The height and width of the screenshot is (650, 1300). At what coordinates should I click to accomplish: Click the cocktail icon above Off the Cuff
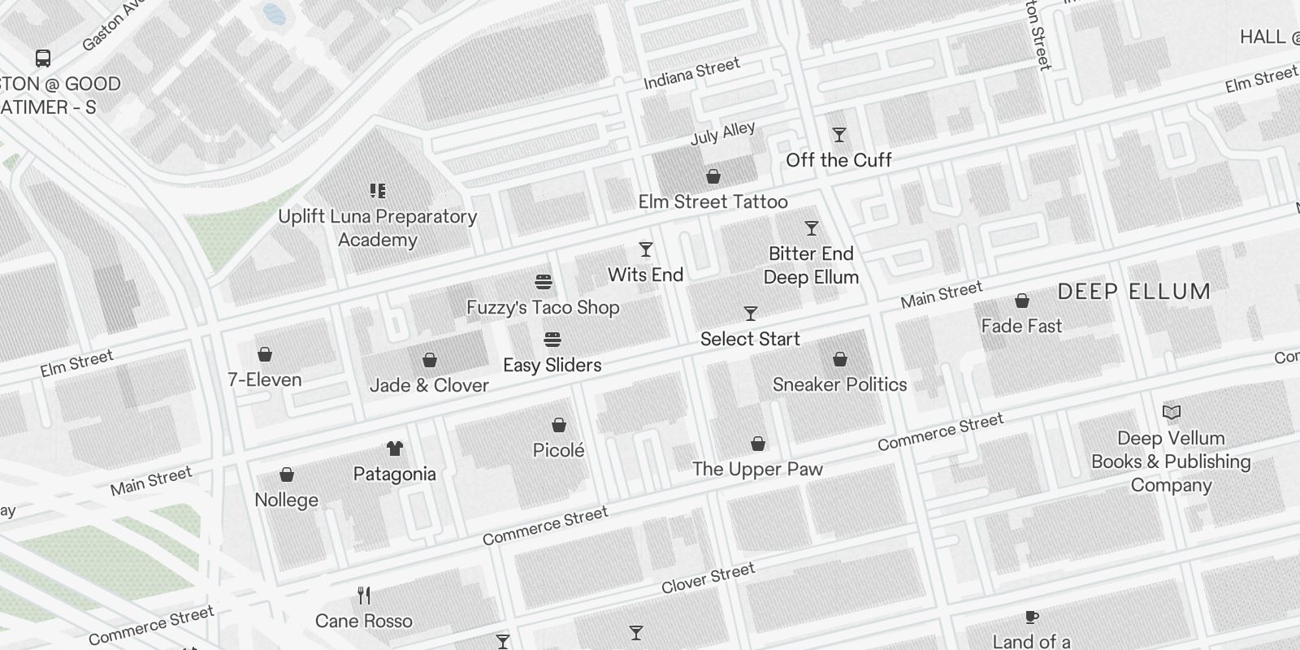click(839, 135)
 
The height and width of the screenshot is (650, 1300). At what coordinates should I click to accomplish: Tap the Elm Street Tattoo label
click(713, 201)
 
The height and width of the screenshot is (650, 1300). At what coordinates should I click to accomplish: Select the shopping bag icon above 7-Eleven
click(265, 354)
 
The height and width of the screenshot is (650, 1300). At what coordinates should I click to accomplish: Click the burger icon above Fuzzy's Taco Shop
click(544, 282)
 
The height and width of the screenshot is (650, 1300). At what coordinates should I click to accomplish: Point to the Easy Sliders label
click(552, 365)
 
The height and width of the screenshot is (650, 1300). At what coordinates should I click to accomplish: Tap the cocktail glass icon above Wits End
click(646, 249)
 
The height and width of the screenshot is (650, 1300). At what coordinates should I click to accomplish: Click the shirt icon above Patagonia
click(395, 448)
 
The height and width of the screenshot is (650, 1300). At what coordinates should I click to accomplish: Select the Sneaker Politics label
click(839, 384)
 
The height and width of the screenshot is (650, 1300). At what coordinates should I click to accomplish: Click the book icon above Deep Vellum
click(1171, 413)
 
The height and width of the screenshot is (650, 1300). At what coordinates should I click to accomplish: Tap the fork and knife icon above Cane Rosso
click(364, 596)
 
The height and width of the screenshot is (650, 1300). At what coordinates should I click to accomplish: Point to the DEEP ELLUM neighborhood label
click(1134, 292)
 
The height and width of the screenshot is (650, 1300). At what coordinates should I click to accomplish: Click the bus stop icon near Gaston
click(43, 58)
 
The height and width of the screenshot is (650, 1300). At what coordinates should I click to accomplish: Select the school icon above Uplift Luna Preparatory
click(378, 191)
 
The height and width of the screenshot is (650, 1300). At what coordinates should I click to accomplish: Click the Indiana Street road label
click(691, 73)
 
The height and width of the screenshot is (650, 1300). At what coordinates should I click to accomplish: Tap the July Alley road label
click(722, 133)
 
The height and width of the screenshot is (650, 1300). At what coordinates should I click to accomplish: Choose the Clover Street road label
click(708, 578)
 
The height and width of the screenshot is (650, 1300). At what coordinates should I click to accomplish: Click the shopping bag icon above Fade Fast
click(1022, 301)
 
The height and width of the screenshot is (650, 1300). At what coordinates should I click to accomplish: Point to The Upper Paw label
click(757, 469)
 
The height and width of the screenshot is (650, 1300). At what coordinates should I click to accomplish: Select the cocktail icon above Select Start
click(751, 314)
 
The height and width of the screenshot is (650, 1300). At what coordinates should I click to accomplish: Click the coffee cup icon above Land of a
click(1031, 617)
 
